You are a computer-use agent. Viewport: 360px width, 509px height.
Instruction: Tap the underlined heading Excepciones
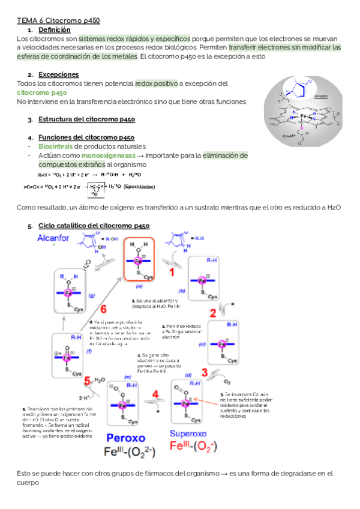(x=58, y=74)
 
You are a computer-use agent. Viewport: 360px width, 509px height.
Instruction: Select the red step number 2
(x=213, y=313)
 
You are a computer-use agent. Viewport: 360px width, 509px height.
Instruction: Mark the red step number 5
(x=88, y=381)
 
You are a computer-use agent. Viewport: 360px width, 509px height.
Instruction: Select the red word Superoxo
(x=191, y=433)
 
